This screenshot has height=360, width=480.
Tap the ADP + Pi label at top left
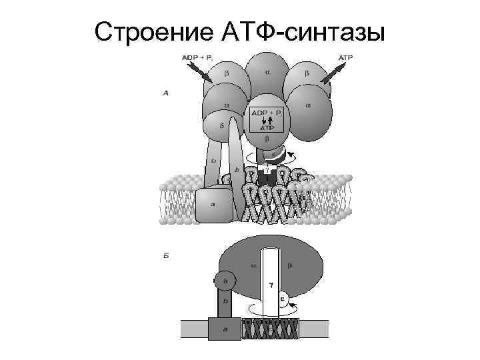click(197, 58)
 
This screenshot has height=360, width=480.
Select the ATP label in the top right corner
click(345, 58)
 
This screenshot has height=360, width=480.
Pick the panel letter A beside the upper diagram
click(165, 93)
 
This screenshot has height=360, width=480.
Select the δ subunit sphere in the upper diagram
click(217, 125)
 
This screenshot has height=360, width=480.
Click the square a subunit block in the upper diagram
click(213, 206)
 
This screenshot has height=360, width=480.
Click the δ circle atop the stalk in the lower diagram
click(225, 283)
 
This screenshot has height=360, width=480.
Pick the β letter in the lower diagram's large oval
click(290, 265)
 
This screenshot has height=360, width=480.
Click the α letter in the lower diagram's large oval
click(253, 265)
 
